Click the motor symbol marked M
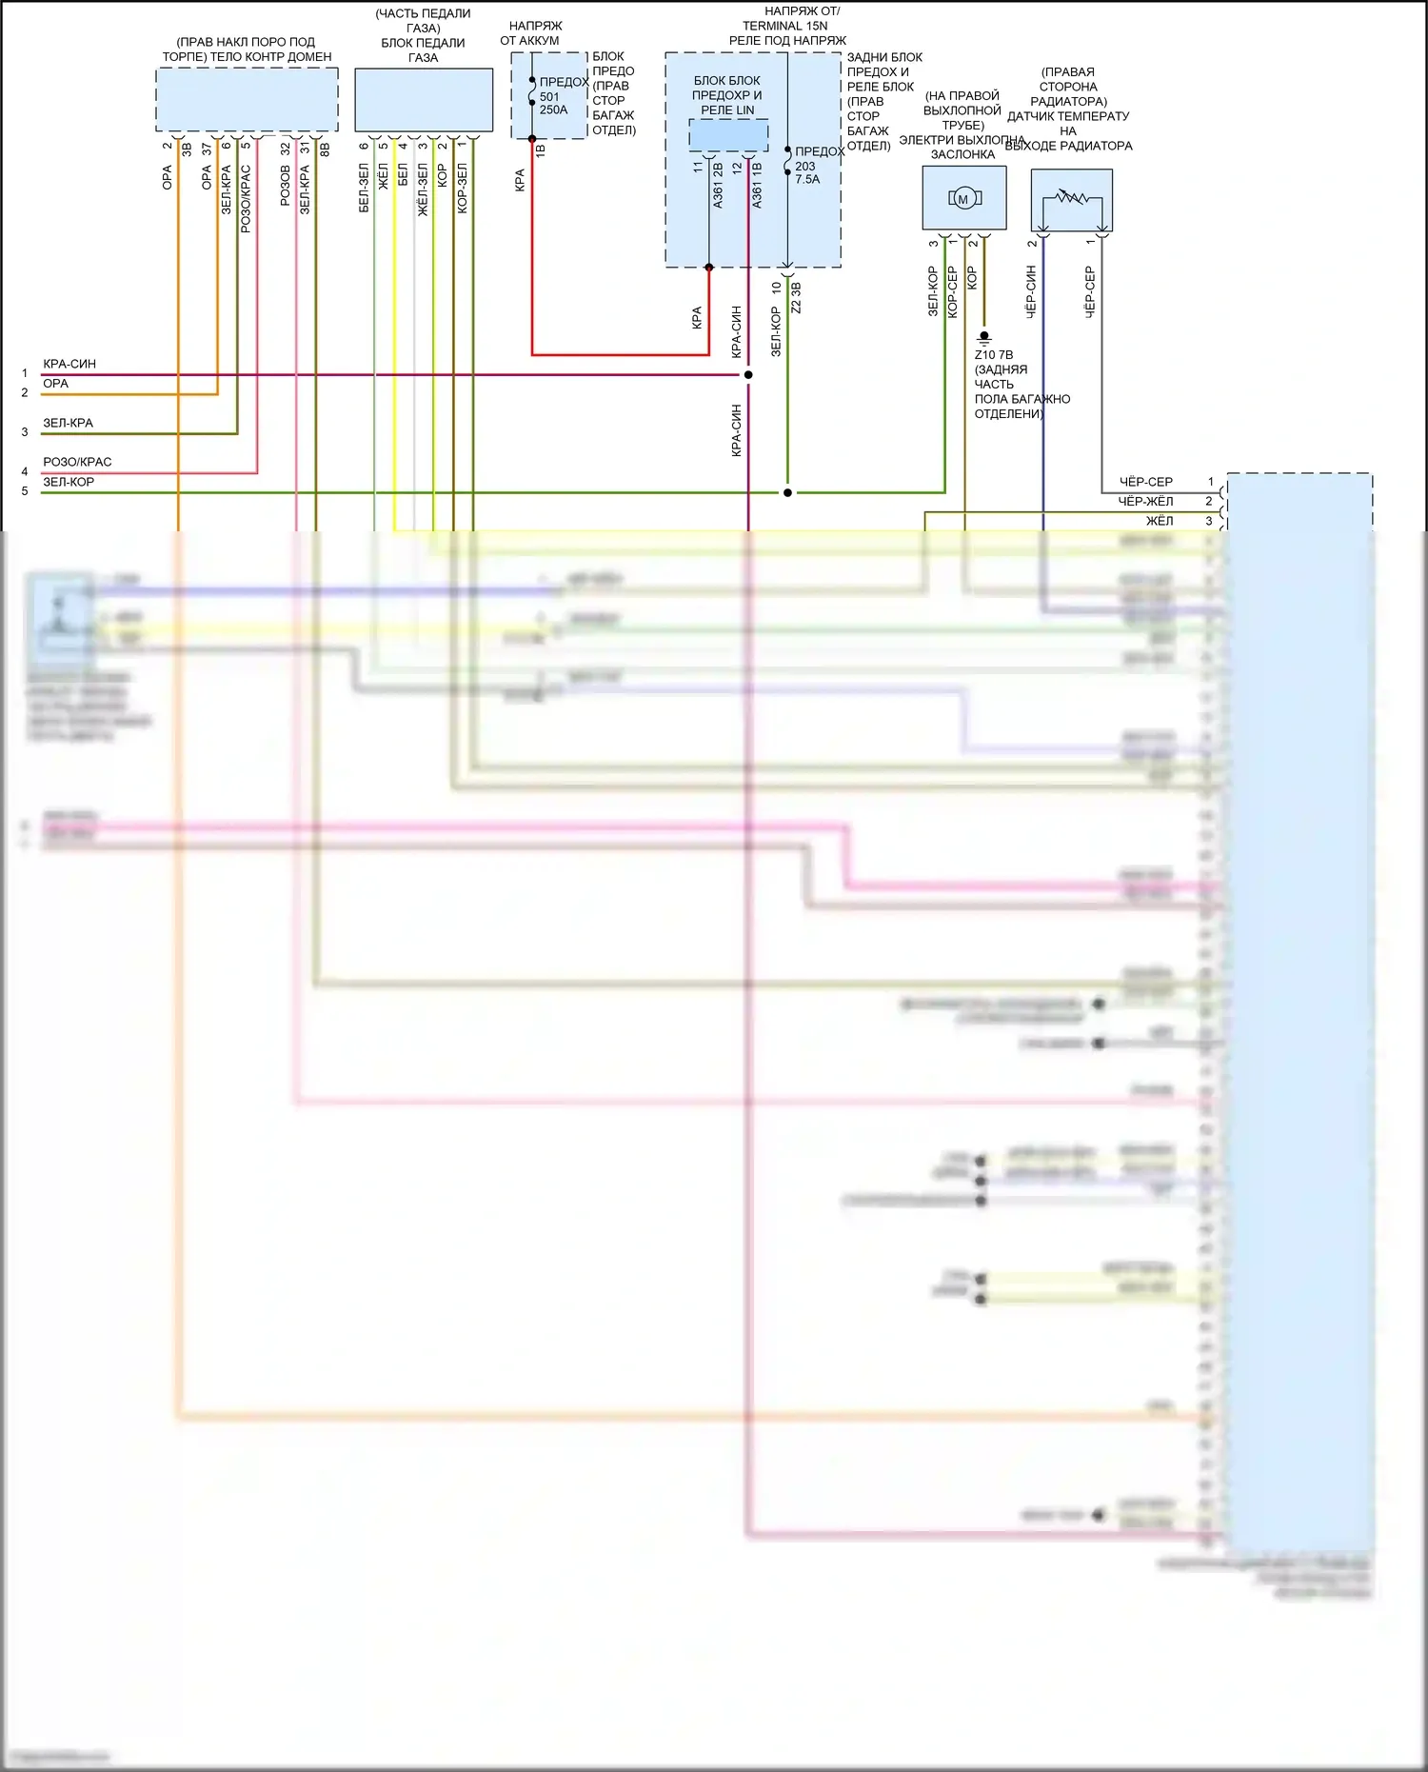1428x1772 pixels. [x=963, y=199]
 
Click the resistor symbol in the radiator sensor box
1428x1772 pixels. [x=1071, y=198]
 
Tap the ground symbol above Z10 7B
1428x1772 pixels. [x=984, y=337]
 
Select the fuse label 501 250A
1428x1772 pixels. [x=552, y=103]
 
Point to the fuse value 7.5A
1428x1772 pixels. [x=807, y=179]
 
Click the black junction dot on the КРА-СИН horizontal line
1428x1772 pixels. [x=748, y=375]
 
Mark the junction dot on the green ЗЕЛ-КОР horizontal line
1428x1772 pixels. [x=787, y=493]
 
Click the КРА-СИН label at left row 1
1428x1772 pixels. [x=69, y=364]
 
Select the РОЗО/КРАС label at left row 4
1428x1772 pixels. [x=77, y=462]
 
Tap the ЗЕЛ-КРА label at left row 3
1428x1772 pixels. [x=68, y=423]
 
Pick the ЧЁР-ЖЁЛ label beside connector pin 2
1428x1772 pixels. [x=1145, y=501]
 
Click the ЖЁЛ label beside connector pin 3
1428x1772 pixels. [x=1160, y=521]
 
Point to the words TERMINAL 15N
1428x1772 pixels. [x=785, y=26]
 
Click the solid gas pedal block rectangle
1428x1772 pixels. [x=424, y=100]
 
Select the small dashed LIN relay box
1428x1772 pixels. [x=728, y=135]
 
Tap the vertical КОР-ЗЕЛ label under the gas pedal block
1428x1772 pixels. [x=463, y=189]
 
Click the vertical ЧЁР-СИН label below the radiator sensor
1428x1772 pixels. [x=1030, y=291]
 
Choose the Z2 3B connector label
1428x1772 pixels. [x=797, y=298]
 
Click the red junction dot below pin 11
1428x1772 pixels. [x=709, y=268]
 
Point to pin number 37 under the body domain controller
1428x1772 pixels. [x=207, y=149]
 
